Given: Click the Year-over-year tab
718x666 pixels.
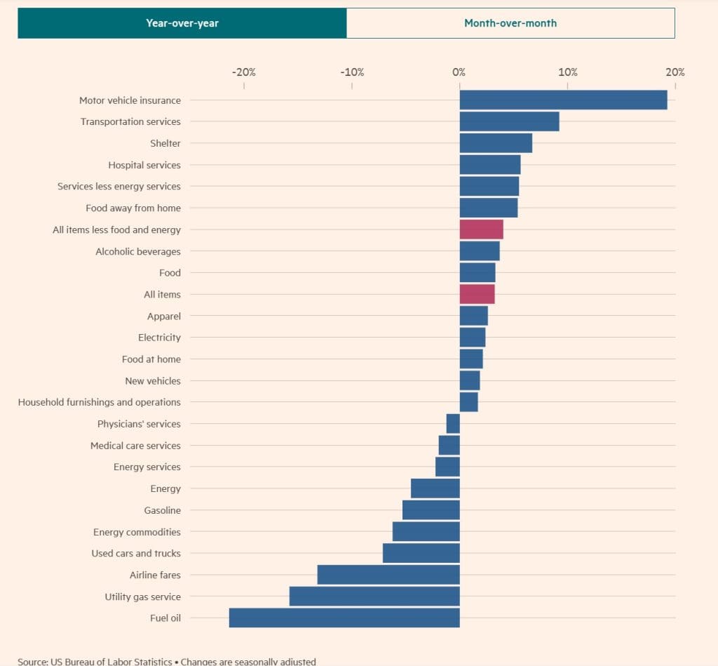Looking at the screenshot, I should coord(182,23).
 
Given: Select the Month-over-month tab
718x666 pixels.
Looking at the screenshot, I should coord(510,23).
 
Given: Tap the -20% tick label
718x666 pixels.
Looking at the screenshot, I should coord(244,72).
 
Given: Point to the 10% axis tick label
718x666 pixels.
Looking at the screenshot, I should coord(568,72).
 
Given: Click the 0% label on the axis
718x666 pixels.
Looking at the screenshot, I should coord(459,72).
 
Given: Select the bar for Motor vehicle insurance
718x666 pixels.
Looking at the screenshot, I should coord(563,100).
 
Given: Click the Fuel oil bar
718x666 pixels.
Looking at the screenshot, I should coord(344,618).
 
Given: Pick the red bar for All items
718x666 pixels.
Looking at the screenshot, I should coord(477,295).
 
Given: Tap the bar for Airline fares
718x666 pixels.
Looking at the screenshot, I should coord(388,575).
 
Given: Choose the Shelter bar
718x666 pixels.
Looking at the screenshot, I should coord(496,143).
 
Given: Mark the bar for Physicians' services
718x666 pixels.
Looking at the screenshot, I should coord(453,424).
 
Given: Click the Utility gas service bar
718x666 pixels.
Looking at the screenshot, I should coord(374,597).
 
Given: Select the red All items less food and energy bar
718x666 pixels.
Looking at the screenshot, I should coord(481,229).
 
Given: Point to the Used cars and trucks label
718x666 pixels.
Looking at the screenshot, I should coord(136,554).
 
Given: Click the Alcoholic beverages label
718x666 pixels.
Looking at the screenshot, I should coord(138,251).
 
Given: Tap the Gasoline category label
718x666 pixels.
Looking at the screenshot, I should coord(163,510).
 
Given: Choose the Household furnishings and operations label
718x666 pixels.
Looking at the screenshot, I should coord(100,402).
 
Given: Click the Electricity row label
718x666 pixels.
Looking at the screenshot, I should coord(159,338).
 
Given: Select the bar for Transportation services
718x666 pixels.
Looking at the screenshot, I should coord(509,121).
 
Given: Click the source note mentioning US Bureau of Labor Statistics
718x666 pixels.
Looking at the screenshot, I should coord(166,661).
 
